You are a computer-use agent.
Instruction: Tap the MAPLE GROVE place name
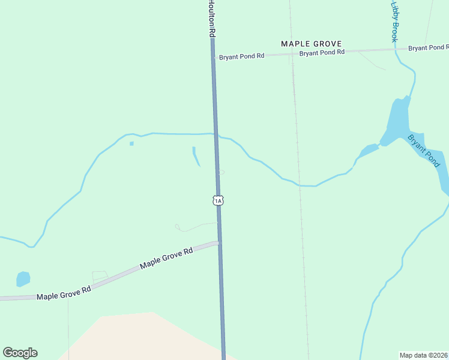[312, 44]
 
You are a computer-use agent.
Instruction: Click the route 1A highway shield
[218, 200]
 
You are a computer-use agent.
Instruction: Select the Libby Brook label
[394, 22]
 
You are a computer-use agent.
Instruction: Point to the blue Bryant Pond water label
[424, 150]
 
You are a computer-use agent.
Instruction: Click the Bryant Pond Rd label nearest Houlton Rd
[241, 57]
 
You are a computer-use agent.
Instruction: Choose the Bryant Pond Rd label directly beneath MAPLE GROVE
[322, 53]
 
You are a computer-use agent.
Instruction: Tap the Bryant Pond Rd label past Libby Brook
[428, 47]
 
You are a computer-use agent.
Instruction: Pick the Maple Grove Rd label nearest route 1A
[166, 258]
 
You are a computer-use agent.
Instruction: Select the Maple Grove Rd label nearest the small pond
[64, 293]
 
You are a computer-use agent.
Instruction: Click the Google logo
[20, 353]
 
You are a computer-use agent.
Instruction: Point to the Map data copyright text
[423, 355]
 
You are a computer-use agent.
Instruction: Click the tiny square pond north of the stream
[131, 143]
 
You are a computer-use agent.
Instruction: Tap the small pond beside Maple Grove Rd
[23, 279]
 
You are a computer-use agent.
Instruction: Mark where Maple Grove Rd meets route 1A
[220, 242]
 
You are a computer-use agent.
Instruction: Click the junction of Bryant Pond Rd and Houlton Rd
[213, 56]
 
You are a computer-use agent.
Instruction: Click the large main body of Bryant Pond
[398, 120]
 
